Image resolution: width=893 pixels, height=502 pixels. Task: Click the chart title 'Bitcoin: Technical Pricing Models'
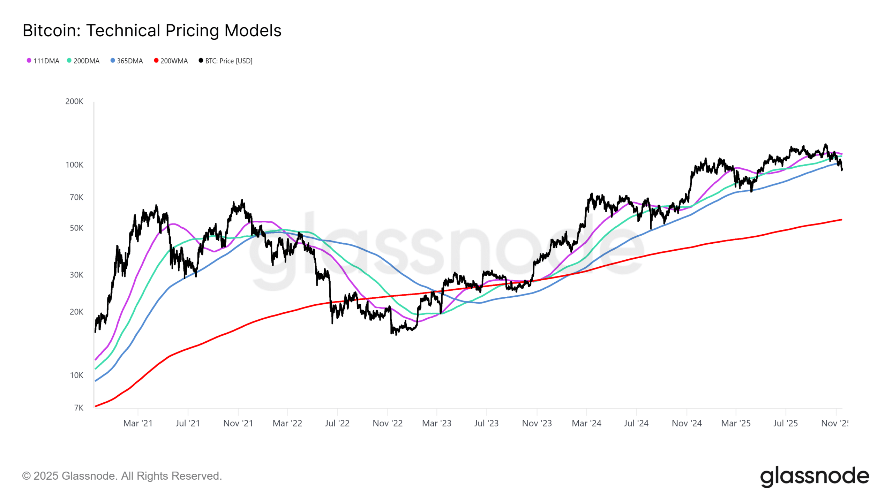[152, 30]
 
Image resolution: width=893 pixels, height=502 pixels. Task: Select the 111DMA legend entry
[43, 61]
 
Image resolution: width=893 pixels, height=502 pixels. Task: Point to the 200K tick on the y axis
[74, 101]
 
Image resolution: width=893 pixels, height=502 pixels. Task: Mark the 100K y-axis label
[74, 165]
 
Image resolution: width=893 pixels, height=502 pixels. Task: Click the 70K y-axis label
[76, 197]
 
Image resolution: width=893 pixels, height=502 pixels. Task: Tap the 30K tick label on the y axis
[76, 275]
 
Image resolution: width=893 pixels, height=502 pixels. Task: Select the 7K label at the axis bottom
[78, 408]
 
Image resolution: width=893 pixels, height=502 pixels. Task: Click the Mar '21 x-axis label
[138, 423]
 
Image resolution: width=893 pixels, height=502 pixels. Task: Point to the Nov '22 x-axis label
[388, 423]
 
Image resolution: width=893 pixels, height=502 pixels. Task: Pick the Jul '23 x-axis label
[486, 423]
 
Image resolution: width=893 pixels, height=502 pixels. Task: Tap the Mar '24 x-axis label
[586, 423]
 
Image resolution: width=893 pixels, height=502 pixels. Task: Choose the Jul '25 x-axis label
[785, 423]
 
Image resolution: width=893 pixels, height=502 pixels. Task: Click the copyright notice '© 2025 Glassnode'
[122, 476]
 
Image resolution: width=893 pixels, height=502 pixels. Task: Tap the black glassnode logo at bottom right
[815, 476]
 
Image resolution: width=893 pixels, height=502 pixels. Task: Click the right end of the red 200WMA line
[841, 220]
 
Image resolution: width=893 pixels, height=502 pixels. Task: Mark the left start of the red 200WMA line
[96, 406]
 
